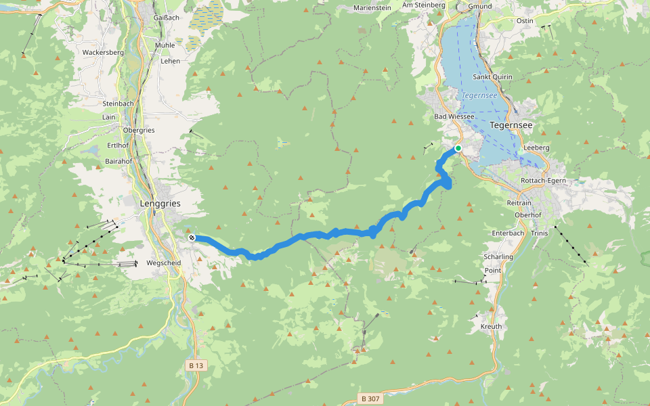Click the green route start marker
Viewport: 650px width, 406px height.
458,148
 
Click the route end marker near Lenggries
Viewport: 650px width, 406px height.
192,238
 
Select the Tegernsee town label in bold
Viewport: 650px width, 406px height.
511,125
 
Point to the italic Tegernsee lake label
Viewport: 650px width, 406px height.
480,95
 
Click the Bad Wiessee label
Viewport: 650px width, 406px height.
454,116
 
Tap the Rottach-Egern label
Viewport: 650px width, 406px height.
543,181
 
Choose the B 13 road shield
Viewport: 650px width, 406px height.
196,365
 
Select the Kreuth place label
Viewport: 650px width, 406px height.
491,326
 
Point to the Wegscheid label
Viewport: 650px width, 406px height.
161,263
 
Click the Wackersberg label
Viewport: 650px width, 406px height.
103,52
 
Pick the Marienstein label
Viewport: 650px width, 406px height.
373,8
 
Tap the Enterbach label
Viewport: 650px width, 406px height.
508,233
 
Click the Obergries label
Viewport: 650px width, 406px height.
139,130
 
